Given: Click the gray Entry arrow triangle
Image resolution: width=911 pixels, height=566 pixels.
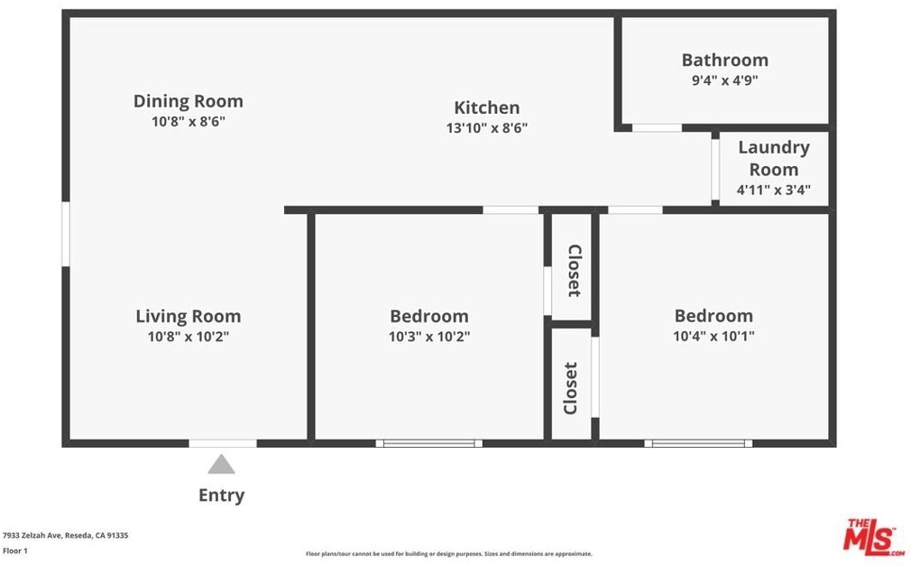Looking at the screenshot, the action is point(221,465).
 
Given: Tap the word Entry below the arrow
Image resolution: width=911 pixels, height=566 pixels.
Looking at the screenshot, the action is point(221,495).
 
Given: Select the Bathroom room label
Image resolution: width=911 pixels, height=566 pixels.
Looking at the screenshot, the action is point(724,60).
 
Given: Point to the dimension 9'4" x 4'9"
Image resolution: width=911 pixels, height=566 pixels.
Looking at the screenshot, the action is point(724,80).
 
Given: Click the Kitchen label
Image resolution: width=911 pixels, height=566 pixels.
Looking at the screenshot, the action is point(487,107).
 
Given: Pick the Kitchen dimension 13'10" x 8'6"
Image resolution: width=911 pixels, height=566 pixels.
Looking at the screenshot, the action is point(487,128).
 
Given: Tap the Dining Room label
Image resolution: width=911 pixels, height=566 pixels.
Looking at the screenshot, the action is point(189,101).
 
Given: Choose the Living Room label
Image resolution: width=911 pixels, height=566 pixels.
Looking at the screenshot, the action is point(189,317).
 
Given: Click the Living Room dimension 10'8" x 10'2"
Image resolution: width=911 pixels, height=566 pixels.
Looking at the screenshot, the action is point(189,336).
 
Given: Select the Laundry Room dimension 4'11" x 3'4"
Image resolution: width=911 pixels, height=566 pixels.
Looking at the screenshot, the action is point(773,190).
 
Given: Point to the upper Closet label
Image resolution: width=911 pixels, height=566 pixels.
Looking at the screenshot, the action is point(574,271).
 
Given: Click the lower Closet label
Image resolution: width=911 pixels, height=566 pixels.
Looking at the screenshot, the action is point(571,388).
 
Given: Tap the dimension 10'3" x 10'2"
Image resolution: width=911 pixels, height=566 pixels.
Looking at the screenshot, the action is point(429,336).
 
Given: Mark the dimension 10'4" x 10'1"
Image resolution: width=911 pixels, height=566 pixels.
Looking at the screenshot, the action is point(713,336).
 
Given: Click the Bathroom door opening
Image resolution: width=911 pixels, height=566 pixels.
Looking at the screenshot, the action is point(658,127).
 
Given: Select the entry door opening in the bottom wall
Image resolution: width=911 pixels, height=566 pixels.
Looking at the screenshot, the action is point(223,443).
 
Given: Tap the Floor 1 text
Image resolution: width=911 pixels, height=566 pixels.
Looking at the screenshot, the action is point(15,551).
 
